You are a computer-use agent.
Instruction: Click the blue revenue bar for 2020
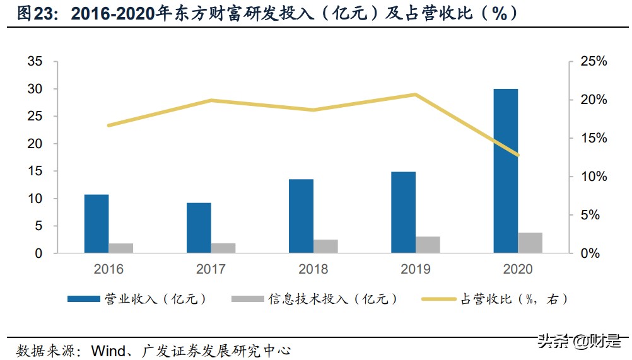click(x=505, y=171)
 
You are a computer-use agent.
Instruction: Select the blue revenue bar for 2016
click(x=97, y=224)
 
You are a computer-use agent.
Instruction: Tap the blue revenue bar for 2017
click(x=199, y=228)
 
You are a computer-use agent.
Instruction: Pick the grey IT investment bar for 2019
click(x=428, y=245)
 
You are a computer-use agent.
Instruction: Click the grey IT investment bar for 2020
click(x=530, y=243)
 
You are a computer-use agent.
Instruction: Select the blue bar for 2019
click(x=403, y=212)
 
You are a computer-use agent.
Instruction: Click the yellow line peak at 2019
click(x=415, y=95)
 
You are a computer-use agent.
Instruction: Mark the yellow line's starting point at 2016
click(x=108, y=125)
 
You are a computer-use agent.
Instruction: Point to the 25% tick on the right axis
click(x=592, y=62)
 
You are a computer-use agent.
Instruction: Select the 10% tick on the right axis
click(x=592, y=177)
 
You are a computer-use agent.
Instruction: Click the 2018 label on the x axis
click(x=313, y=269)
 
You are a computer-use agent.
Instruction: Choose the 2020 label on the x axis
click(x=518, y=269)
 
